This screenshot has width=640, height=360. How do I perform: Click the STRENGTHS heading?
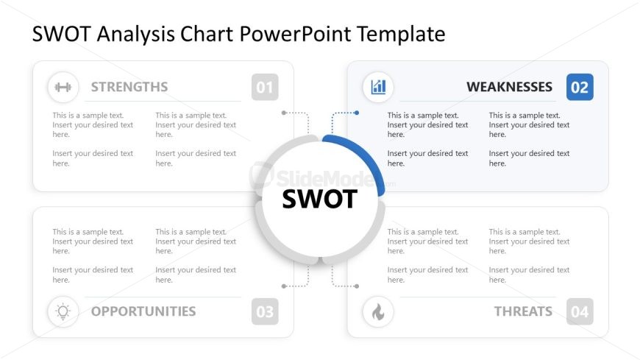129,87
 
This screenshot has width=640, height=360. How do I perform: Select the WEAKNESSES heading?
509,87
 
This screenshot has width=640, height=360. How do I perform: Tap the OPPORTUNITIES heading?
143,311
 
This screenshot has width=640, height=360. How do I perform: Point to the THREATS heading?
523,311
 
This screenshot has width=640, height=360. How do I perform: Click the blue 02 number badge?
580,87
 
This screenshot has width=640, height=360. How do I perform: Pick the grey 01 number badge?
265,87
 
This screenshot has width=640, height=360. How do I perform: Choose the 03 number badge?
265,312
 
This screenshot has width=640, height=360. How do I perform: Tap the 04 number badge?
580,312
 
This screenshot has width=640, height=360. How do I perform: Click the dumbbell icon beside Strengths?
63,87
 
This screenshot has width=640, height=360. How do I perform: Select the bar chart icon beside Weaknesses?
378,87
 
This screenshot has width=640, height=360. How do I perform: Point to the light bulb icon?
63,312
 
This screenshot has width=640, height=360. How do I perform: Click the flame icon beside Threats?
378,313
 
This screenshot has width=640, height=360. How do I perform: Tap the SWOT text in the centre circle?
319,199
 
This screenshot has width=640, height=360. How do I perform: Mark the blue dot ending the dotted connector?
357,113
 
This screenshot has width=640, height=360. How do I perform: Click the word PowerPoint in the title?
295,34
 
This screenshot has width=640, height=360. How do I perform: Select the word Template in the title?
401,34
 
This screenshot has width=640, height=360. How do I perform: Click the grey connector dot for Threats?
357,286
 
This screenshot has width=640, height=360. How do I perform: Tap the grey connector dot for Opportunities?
284,286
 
